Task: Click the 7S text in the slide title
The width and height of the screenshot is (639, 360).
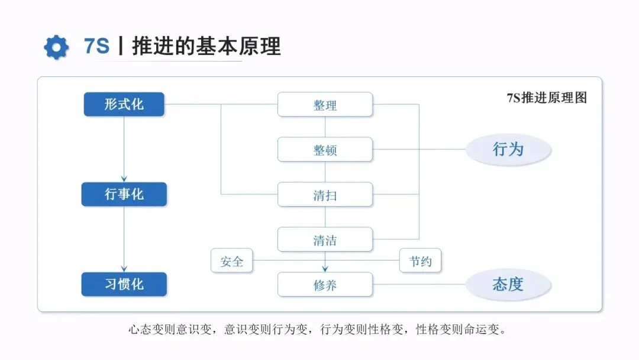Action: (97, 46)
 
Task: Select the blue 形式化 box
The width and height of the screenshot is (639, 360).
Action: (124, 104)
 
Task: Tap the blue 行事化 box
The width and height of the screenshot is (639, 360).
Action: (124, 194)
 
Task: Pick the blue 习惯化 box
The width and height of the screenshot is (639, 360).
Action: (124, 284)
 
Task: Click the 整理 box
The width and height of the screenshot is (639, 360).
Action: (325, 105)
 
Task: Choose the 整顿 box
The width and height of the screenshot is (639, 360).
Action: (325, 150)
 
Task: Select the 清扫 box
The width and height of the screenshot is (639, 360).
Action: (325, 195)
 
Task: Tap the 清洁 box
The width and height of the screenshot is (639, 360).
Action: (325, 240)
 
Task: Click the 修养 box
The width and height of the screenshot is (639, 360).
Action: (325, 285)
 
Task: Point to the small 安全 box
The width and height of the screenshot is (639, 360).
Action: (231, 261)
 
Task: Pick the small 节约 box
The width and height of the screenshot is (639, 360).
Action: (420, 261)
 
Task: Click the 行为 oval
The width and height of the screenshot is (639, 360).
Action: (508, 149)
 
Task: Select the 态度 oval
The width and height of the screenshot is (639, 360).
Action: (508, 284)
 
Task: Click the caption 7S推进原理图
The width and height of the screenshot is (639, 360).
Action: (546, 98)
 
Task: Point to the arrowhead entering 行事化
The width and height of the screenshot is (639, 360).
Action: (124, 178)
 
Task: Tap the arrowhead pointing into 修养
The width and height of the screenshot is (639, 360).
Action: (325, 269)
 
